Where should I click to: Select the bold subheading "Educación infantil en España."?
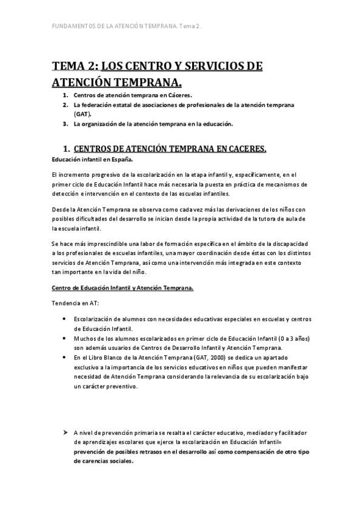[x=92, y=159]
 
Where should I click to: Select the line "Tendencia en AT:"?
[x=72, y=302]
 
